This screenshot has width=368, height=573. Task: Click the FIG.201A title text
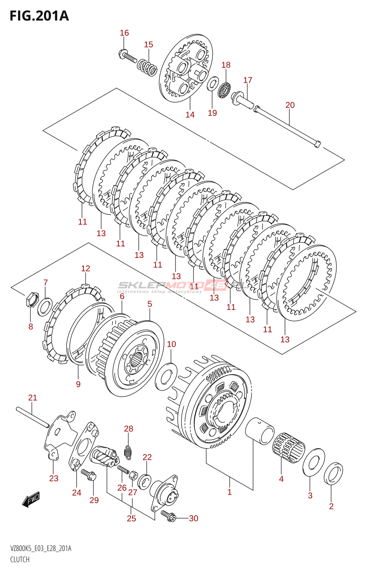pos(39,16)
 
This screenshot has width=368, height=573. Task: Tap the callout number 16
pos(124,33)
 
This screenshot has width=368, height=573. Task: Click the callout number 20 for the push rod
pos(290,105)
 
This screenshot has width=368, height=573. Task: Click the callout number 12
pos(86,268)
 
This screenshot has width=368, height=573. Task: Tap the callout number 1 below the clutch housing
pos(229,492)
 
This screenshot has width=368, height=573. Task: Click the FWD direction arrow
pos(31,499)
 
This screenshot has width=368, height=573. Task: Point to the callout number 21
pos(33,398)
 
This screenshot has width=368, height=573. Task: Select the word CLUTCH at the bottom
pos(20,560)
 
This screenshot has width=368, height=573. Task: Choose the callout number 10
pos(171,344)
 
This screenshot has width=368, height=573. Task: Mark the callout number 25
pos(131,518)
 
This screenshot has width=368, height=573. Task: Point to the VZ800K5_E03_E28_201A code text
pos(41,549)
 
